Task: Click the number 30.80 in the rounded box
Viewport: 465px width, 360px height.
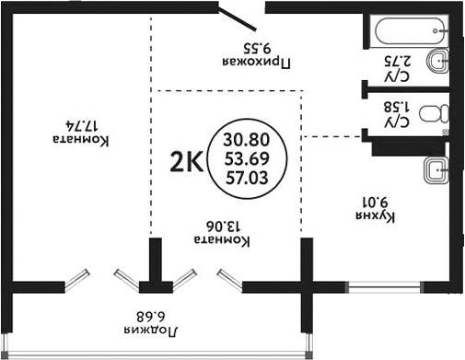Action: tap(249, 141)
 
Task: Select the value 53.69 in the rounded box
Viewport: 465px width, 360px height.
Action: tap(249, 157)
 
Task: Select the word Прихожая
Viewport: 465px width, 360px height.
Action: tap(259, 63)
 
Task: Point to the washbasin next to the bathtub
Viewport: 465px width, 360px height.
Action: tap(442, 64)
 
